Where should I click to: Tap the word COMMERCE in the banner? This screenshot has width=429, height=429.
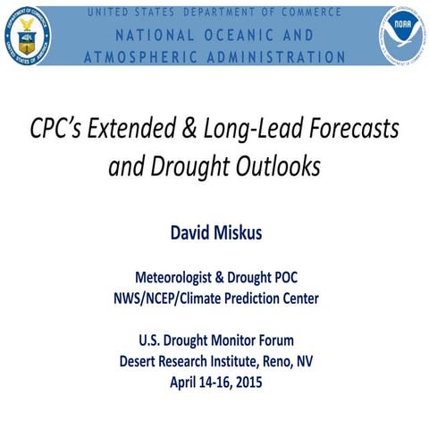click(x=307, y=13)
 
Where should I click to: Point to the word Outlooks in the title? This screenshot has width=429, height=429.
click(x=278, y=167)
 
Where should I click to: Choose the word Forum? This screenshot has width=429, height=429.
click(x=271, y=341)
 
